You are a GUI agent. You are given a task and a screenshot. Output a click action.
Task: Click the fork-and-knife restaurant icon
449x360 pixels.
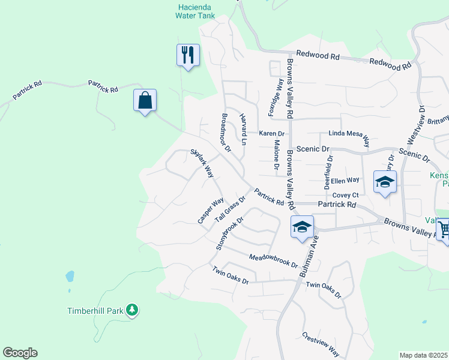tap(188, 55)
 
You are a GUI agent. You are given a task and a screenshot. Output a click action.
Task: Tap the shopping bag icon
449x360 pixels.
tap(145, 100)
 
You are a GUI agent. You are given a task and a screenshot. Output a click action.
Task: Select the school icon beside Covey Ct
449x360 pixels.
tap(384, 182)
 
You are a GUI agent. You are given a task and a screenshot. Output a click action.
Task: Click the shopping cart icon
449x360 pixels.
tap(443, 229)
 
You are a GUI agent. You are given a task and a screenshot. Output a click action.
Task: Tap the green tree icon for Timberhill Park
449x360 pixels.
tap(132, 310)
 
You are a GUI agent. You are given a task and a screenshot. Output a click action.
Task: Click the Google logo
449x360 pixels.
tap(20, 353)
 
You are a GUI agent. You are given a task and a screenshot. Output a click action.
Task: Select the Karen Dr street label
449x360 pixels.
tap(271, 133)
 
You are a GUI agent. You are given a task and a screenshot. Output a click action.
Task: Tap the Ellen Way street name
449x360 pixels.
tap(345, 179)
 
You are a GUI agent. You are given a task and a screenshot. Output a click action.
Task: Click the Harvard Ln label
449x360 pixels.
tap(243, 130)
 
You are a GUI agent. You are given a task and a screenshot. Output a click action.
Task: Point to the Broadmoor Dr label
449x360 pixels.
tap(226, 133)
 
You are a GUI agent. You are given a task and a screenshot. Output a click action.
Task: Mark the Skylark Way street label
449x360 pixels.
tap(202, 163)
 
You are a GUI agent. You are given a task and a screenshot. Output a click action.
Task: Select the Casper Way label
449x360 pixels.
tap(211, 211)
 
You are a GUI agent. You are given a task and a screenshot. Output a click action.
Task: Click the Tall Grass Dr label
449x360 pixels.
tap(231, 207)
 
